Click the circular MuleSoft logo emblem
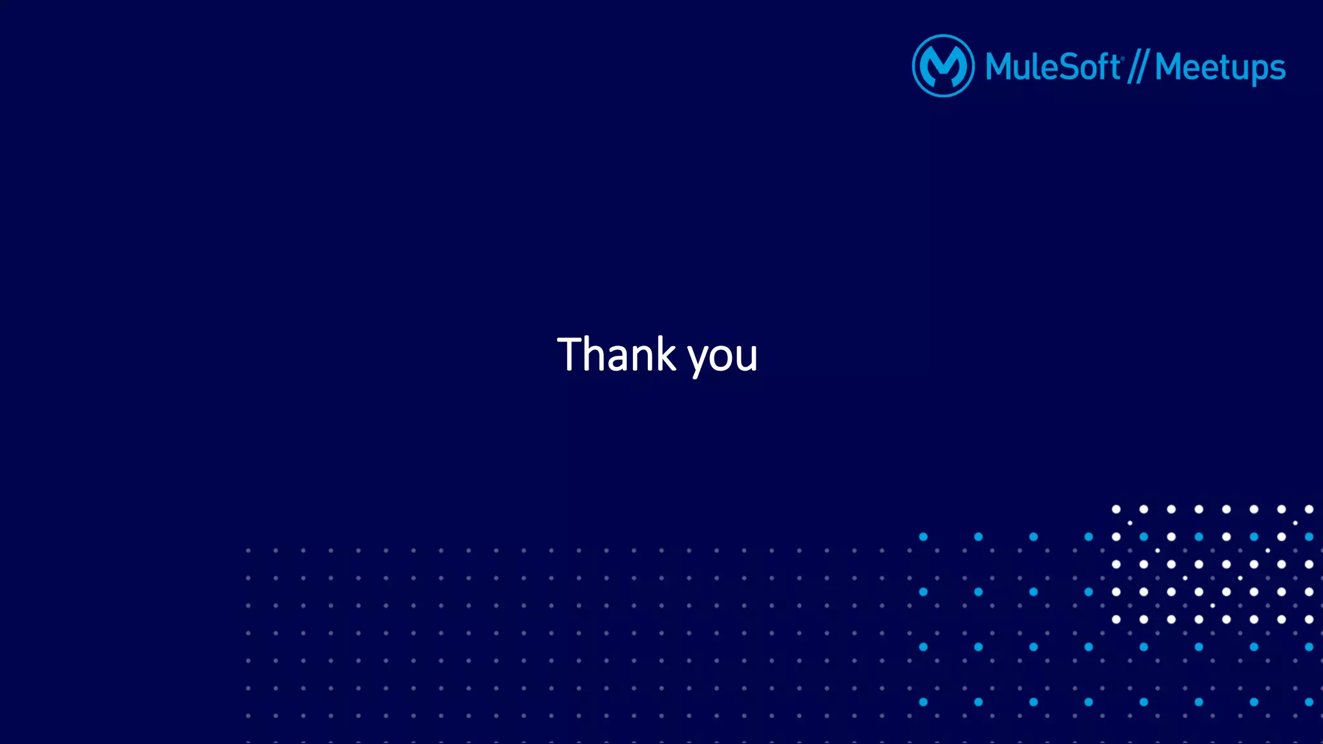pos(943,66)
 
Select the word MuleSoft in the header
pos(1052,67)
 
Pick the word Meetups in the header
pos(1220,67)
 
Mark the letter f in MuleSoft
pos(1101,66)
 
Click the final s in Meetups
pos(1278,68)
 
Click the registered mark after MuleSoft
pos(1123,58)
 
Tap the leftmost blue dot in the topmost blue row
pos(923,537)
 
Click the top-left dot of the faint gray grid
pos(248,550)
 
